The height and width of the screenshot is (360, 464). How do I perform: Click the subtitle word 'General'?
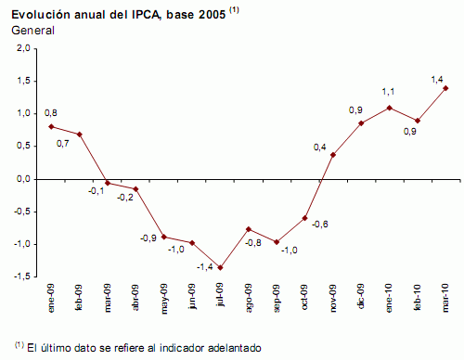click(32, 31)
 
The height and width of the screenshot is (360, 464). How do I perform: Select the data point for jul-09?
click(221, 268)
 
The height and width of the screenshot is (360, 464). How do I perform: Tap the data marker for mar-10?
click(446, 88)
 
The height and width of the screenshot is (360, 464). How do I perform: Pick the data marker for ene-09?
click(51, 126)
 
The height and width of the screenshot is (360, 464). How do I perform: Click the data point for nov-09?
click(333, 154)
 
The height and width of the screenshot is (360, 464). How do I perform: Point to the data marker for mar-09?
click(108, 183)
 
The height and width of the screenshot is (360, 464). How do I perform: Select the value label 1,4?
click(435, 81)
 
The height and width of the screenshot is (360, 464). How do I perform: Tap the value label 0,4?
click(320, 147)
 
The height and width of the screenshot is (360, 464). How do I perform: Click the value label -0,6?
click(320, 225)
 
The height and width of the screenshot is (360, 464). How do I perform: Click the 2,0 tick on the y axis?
click(23, 48)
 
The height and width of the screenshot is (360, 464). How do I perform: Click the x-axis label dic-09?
click(362, 301)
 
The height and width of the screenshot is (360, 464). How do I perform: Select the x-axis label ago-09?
click(249, 301)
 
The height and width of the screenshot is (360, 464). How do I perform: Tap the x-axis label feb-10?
click(419, 301)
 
